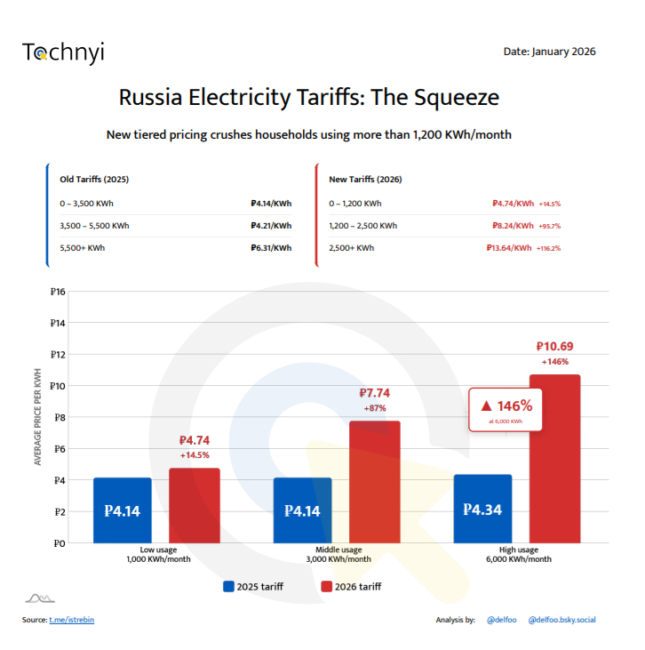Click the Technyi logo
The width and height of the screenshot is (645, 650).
(x=63, y=52)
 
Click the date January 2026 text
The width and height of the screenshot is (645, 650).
(x=549, y=52)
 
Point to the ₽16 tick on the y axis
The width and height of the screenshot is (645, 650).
(x=58, y=292)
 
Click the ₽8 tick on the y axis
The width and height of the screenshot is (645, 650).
(x=60, y=417)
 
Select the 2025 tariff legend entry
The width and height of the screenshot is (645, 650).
(x=256, y=587)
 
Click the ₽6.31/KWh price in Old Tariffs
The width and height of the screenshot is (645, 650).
(x=271, y=248)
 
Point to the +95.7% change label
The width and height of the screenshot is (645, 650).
(x=549, y=226)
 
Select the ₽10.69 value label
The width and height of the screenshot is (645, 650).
(x=555, y=346)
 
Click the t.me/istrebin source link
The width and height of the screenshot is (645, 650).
(x=71, y=620)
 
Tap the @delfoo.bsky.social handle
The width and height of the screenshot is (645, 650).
(x=561, y=620)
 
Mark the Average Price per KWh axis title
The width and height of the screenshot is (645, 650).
(x=37, y=417)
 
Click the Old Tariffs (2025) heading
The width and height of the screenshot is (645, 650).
(x=94, y=179)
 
